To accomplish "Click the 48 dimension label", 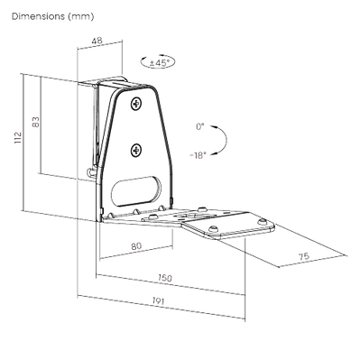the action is click(x=97, y=40).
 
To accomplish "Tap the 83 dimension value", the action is click(x=36, y=122).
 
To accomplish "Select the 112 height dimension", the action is click(x=19, y=137).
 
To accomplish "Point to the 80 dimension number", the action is click(x=136, y=246).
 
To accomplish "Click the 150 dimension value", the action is click(x=165, y=278).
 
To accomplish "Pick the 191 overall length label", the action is click(x=158, y=300).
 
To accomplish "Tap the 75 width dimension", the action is click(x=303, y=256).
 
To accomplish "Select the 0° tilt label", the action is click(x=200, y=126).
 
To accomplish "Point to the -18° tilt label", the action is click(x=198, y=155).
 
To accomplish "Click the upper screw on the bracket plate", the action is click(x=136, y=104).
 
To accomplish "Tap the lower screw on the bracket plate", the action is click(x=136, y=150).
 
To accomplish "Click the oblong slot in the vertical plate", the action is click(x=136, y=191).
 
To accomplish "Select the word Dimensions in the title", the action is click(x=38, y=16).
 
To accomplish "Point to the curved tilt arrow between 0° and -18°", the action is click(x=225, y=140).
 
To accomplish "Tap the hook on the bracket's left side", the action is click(x=91, y=172).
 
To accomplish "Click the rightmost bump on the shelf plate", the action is click(x=263, y=221).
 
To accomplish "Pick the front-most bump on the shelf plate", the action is click(x=214, y=227).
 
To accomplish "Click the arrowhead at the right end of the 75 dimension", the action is click(x=345, y=255).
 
